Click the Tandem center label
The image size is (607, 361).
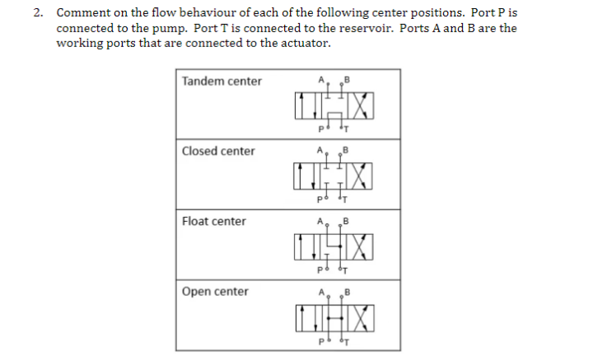pos(222,81)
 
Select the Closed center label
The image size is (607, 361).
pos(218,151)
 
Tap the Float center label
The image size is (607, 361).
pos(213,221)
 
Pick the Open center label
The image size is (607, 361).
pos(215,291)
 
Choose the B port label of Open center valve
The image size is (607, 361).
pos(347,291)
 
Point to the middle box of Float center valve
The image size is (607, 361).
pos(333,245)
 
